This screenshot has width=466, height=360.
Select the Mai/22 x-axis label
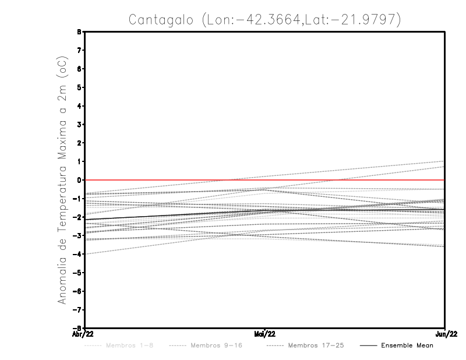(265, 334)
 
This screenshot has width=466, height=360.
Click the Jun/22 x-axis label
(445, 334)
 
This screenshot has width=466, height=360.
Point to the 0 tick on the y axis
(79, 180)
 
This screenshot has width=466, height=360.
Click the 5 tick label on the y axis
(79, 87)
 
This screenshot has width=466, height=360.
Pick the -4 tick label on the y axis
(78, 254)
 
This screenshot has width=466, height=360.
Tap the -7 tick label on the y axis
(78, 309)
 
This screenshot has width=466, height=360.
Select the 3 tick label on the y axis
(79, 125)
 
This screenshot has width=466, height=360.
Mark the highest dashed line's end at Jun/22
(444, 161)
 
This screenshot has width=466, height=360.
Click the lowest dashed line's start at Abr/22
(85, 254)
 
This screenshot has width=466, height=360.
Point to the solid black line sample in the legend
(368, 345)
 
